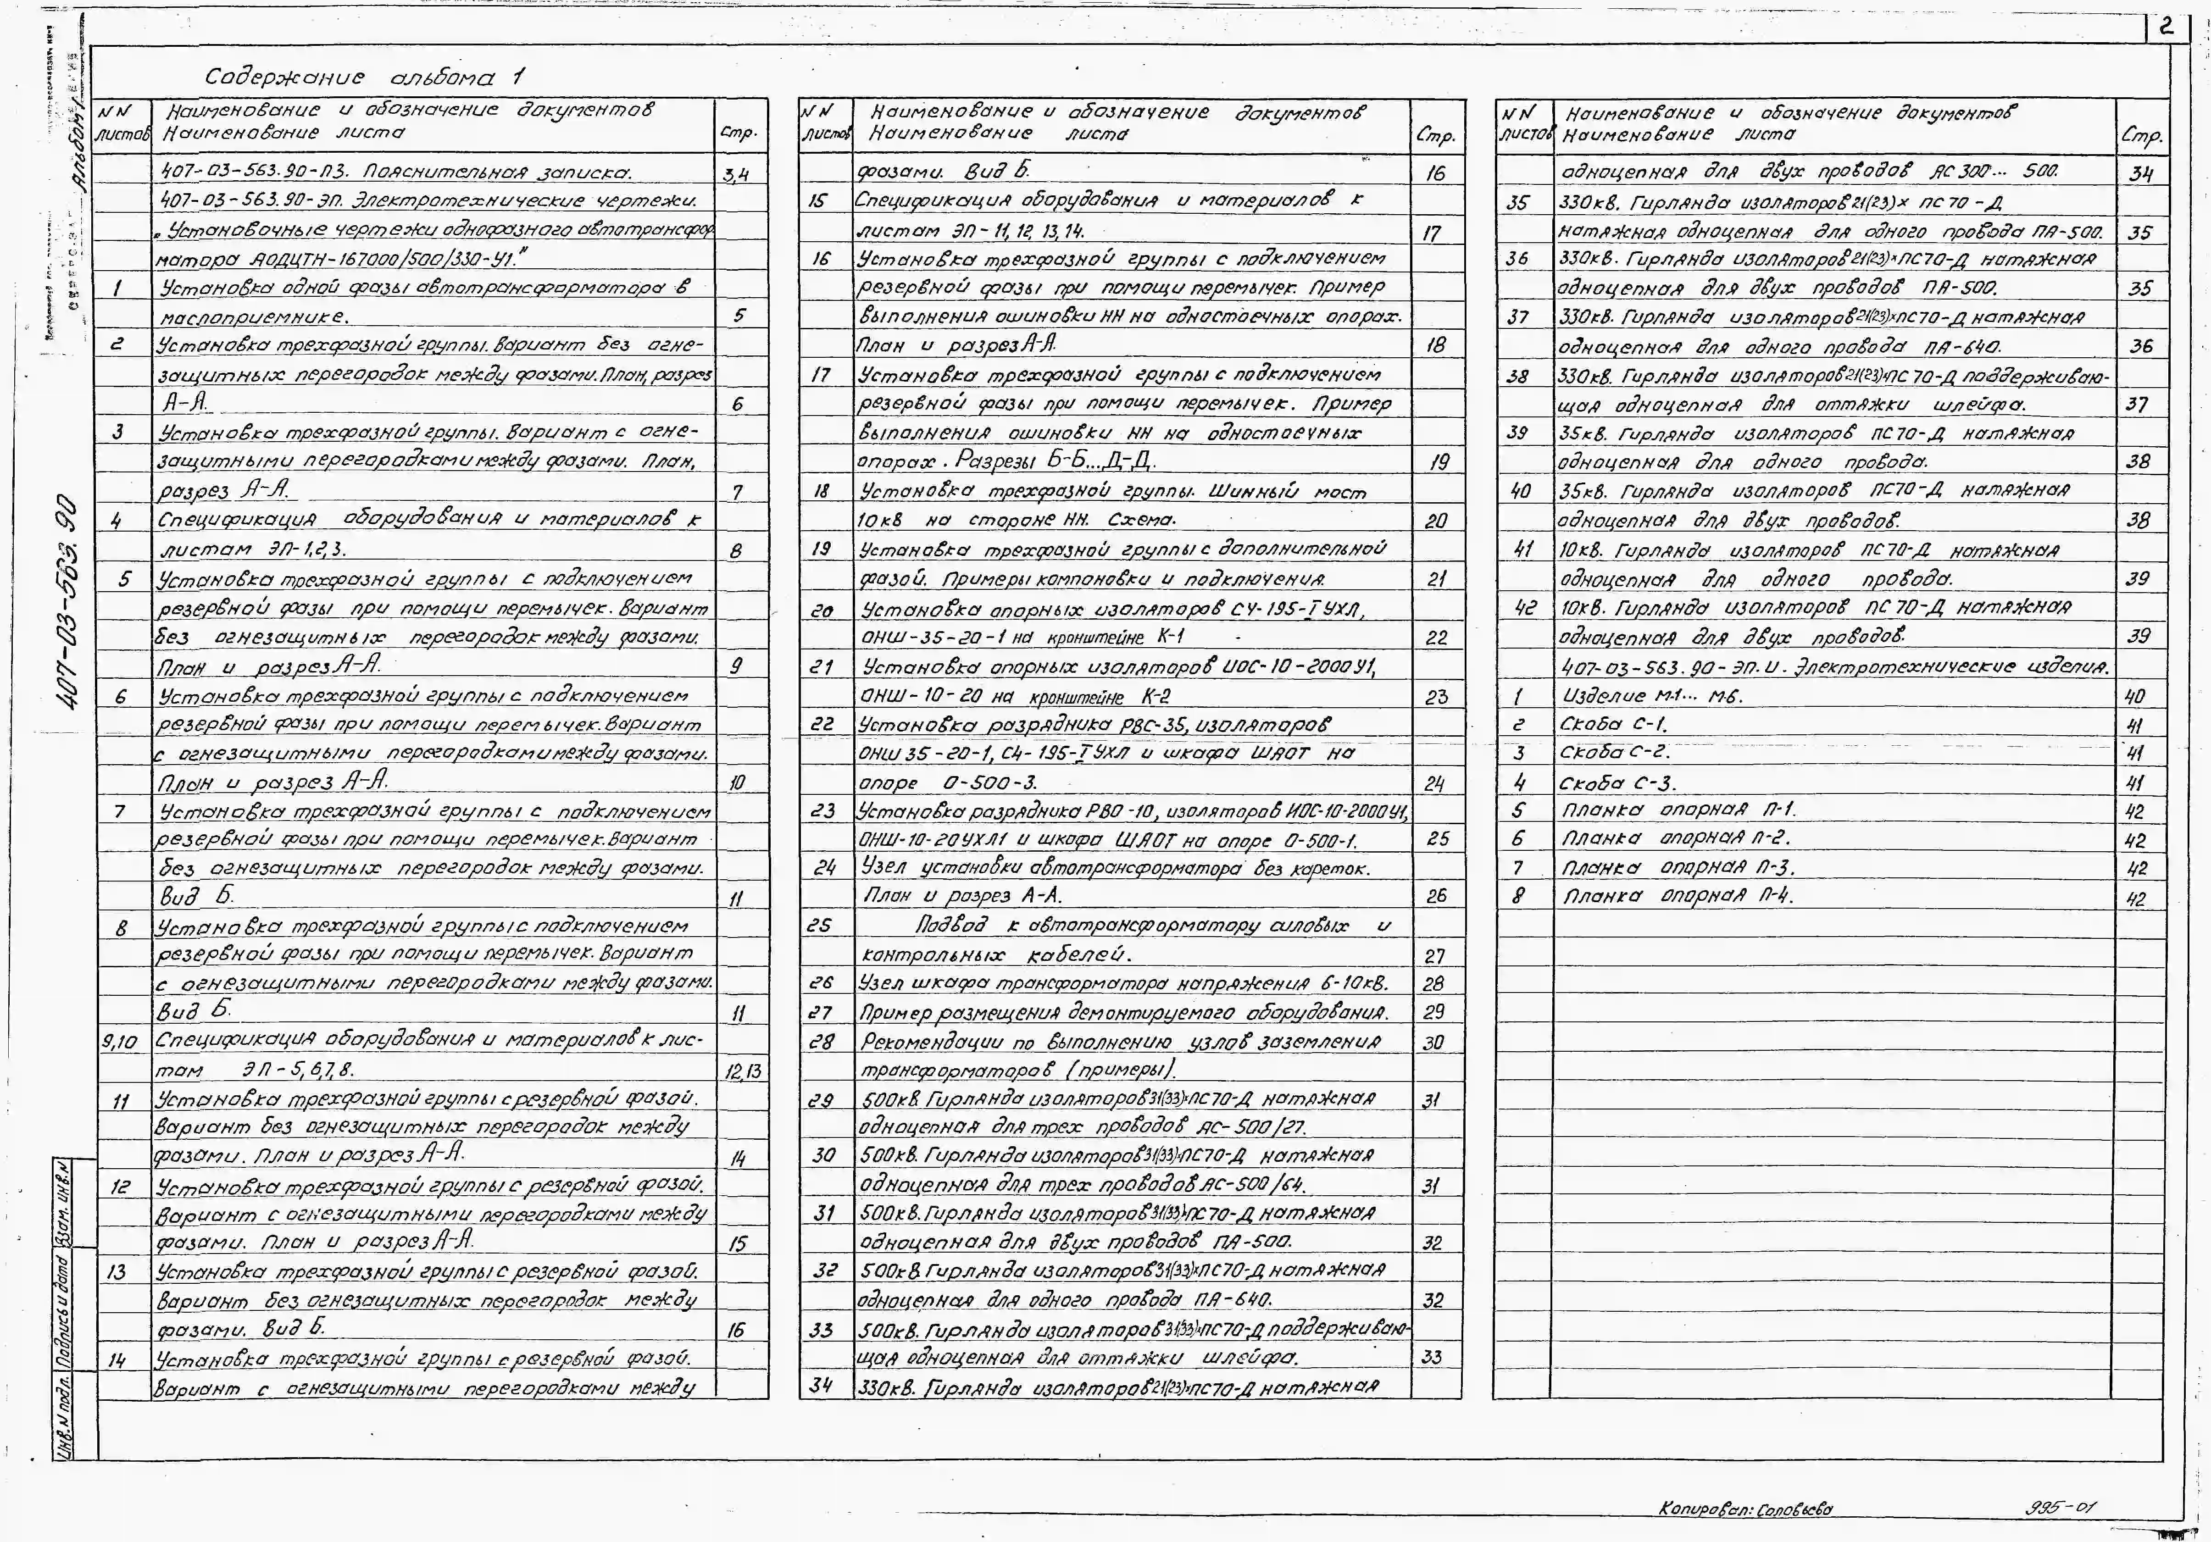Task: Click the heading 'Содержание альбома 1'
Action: tap(364, 77)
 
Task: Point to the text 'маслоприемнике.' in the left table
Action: tap(254, 317)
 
